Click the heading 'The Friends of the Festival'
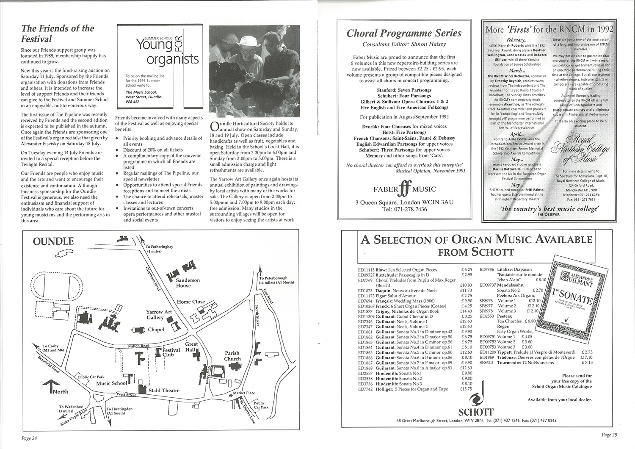[x=58, y=33]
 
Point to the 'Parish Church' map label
[x=232, y=356]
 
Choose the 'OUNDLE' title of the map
[x=53, y=241]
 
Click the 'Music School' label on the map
[x=111, y=383]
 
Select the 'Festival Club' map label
[x=171, y=352]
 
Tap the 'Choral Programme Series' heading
[x=404, y=33]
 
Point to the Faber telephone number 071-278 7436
[x=404, y=210]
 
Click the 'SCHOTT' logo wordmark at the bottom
[x=476, y=412]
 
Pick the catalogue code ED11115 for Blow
[x=366, y=269]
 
